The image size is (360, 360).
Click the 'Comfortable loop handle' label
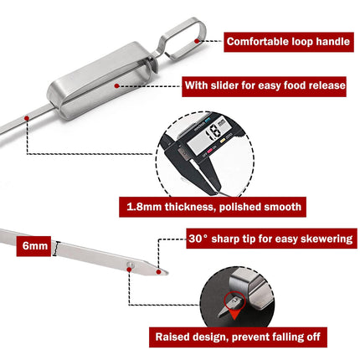coord(289,42)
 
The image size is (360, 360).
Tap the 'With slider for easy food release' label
coord(264,86)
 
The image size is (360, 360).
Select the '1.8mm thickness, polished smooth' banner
coord(213,207)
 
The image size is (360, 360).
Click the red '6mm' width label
coord(34,246)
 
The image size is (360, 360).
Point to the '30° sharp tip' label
coord(271,239)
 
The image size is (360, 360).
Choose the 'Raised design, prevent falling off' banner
coord(238,337)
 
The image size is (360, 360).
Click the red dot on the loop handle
coord(197,41)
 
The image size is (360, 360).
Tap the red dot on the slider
coord(117,86)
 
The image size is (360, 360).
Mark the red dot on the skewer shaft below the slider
coord(27,118)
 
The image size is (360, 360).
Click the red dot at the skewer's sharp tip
coord(159,272)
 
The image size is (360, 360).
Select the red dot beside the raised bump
coord(129,270)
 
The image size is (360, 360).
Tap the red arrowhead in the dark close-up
coord(235,315)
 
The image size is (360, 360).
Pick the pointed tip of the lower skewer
coord(168,274)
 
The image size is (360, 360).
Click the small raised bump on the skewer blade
coord(131,264)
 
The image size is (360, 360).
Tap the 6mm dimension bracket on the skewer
coord(57,248)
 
